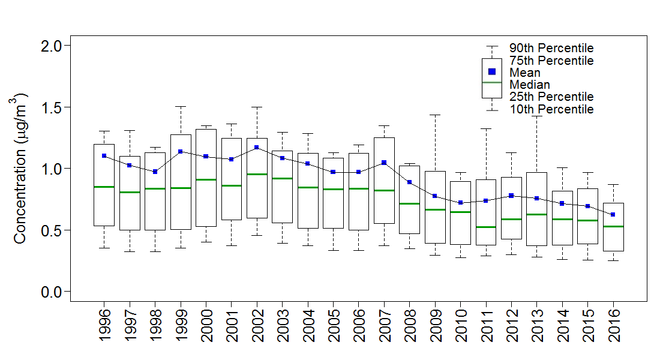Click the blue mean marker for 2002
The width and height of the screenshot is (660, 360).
(257, 148)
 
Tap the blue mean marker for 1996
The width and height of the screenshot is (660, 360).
(104, 156)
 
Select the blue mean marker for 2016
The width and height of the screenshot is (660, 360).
(613, 214)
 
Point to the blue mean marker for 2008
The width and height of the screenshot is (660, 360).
(409, 182)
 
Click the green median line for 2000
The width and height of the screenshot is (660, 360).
(206, 179)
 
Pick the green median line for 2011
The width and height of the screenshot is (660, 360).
(486, 227)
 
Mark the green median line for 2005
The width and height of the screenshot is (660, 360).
(333, 189)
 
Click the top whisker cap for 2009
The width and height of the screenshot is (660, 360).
(435, 115)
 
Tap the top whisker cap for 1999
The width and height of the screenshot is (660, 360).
(180, 106)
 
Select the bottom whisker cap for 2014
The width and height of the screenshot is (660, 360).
(562, 259)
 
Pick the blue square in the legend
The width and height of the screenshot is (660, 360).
(492, 71)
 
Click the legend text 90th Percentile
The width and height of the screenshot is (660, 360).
(551, 48)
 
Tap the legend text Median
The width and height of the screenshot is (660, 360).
(530, 85)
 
